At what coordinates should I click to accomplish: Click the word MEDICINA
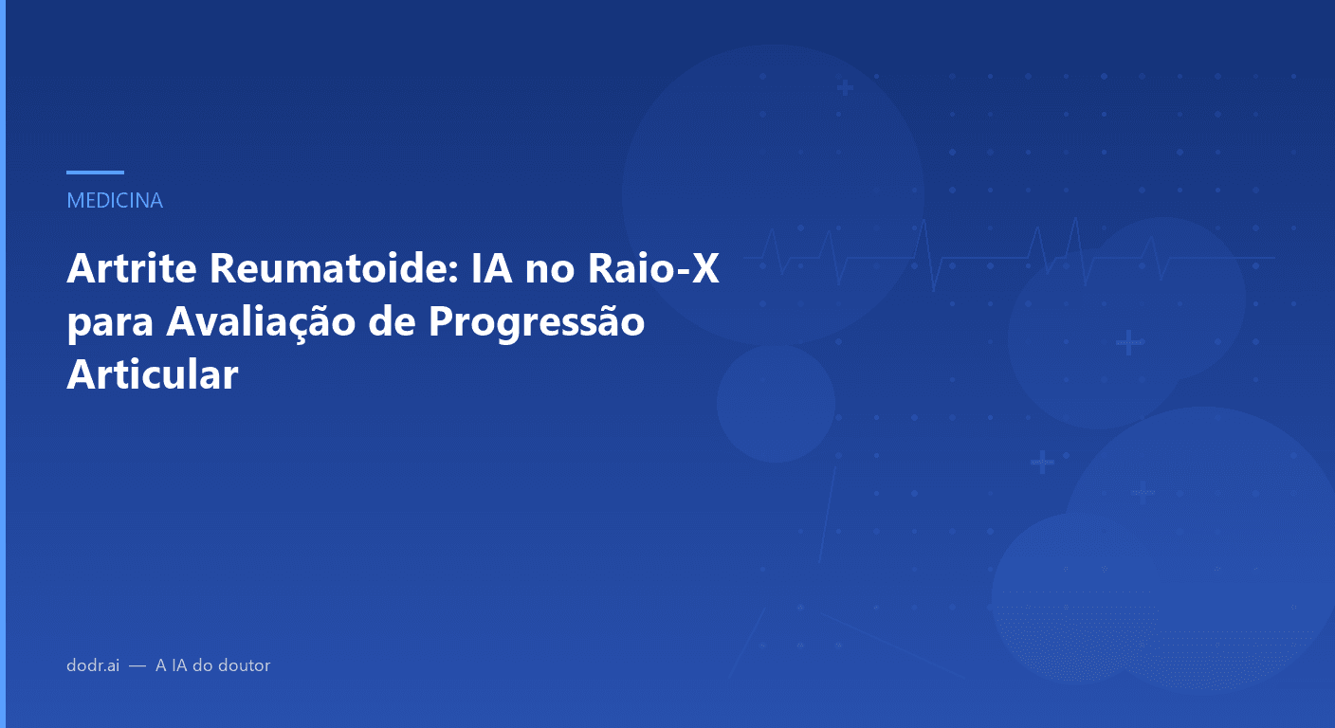click(x=115, y=201)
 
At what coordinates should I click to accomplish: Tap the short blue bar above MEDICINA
click(x=95, y=173)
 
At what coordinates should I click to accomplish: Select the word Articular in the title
click(x=152, y=374)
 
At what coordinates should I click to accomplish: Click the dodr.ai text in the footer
click(x=93, y=665)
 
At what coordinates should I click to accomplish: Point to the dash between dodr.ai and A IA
click(x=137, y=666)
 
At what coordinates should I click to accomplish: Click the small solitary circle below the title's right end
click(x=776, y=403)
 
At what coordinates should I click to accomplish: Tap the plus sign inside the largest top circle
click(x=845, y=88)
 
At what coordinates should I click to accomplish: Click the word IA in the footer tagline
click(x=177, y=665)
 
